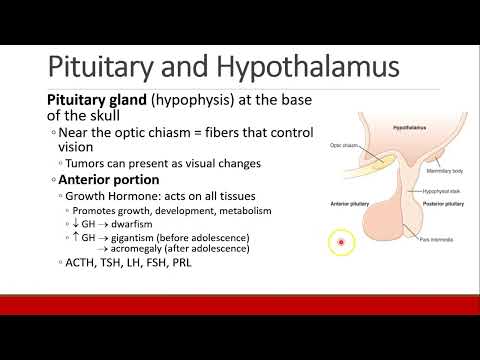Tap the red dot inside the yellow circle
(x=341, y=242)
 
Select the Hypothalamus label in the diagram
(x=384, y=129)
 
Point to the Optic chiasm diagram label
(x=343, y=145)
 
